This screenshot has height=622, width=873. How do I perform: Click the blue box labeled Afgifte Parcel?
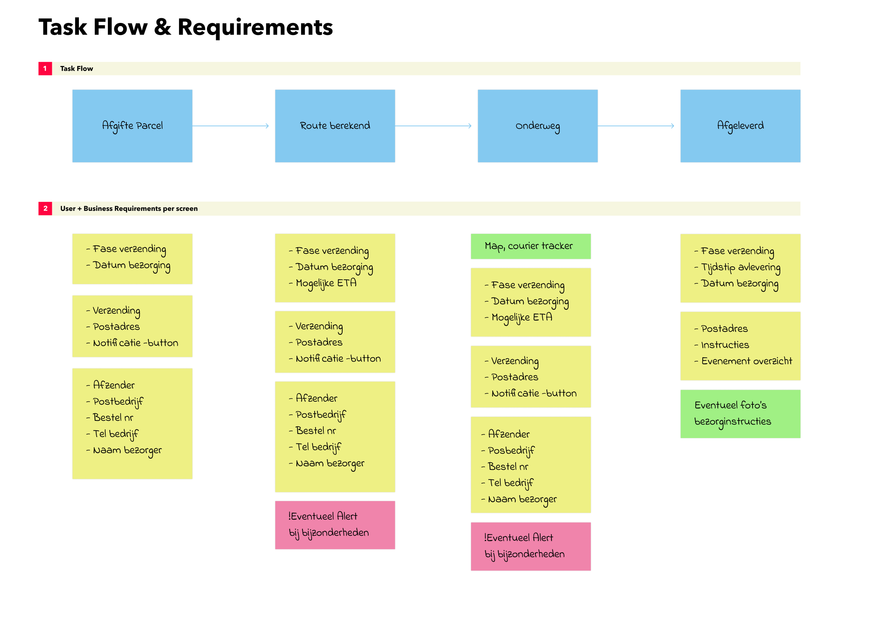click(x=132, y=126)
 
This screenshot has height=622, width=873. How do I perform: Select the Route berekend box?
click(x=335, y=126)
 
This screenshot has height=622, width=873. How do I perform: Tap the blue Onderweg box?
click(x=538, y=126)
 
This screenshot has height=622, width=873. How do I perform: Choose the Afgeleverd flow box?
click(x=740, y=126)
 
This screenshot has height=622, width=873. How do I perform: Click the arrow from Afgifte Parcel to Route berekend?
click(x=231, y=126)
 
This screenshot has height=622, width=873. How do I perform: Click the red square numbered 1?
click(x=45, y=68)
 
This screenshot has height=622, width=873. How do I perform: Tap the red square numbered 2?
click(x=45, y=208)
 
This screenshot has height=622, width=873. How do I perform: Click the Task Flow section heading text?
click(x=77, y=68)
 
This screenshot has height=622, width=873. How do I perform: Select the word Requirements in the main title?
click(x=255, y=27)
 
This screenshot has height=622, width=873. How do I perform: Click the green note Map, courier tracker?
click(x=531, y=246)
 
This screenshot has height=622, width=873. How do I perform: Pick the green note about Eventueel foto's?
click(x=740, y=414)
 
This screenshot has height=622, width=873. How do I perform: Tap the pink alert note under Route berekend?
click(x=335, y=525)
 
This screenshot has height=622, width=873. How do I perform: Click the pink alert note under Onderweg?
click(x=531, y=547)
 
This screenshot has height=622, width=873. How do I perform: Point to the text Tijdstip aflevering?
click(x=741, y=267)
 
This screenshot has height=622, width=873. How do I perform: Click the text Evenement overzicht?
click(x=747, y=361)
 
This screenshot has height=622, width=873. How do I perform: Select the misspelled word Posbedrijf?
click(x=511, y=451)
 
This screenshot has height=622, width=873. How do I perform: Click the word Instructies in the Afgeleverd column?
click(x=725, y=345)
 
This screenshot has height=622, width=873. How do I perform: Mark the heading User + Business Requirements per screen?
click(x=129, y=208)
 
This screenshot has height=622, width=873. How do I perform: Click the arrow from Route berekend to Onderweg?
click(x=433, y=126)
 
